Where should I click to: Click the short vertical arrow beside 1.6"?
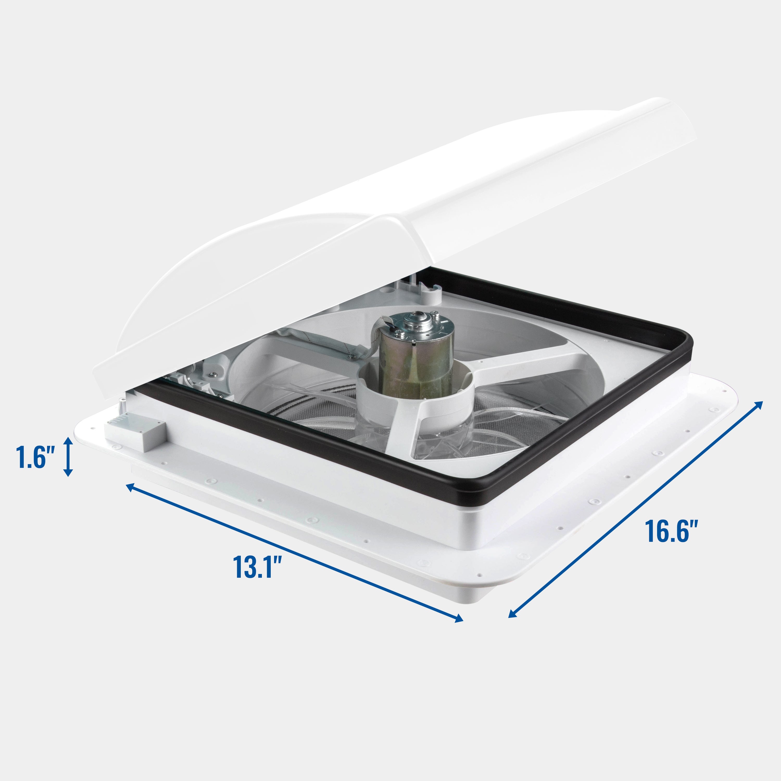coord(68,456)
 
